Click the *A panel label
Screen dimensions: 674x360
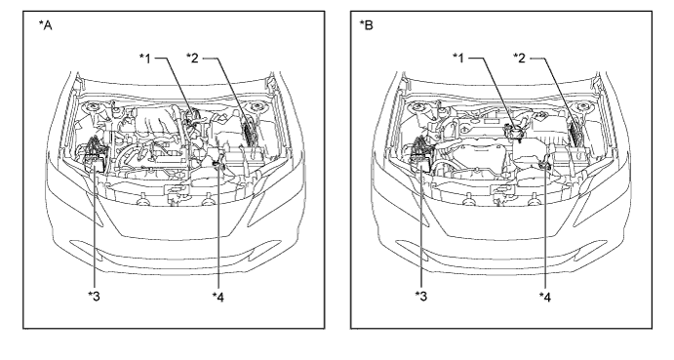pyautogui.click(x=45, y=25)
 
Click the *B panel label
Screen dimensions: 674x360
pyautogui.click(x=366, y=25)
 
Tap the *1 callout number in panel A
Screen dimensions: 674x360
pyautogui.click(x=145, y=58)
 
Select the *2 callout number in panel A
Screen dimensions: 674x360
pyautogui.click(x=192, y=58)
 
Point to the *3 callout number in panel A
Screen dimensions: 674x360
pyautogui.click(x=95, y=296)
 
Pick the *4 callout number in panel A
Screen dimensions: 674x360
pyautogui.click(x=218, y=297)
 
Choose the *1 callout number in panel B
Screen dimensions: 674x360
pyautogui.click(x=458, y=58)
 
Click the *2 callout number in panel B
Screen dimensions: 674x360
pyautogui.click(x=520, y=58)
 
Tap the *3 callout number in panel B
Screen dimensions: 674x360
pyautogui.click(x=420, y=296)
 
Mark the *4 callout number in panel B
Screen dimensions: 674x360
pyautogui.click(x=544, y=297)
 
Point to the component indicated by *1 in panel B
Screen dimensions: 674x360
pyautogui.click(x=514, y=131)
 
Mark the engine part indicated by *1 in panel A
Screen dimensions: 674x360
pyautogui.click(x=192, y=117)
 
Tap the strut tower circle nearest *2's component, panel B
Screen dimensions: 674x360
pyautogui.click(x=582, y=107)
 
